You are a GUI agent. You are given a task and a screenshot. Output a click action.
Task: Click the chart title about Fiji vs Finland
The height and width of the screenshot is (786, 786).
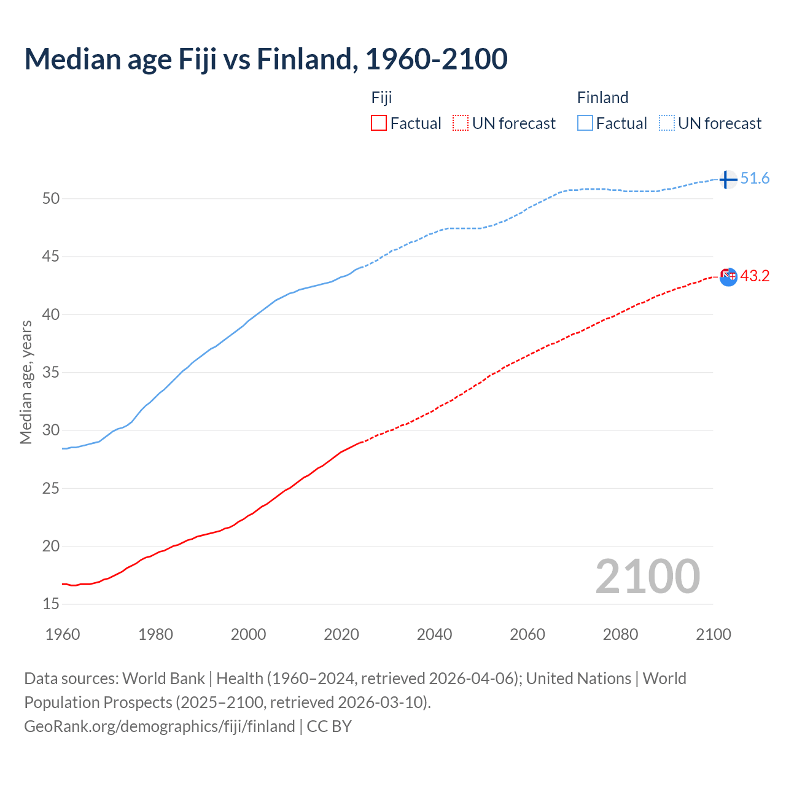tap(266, 59)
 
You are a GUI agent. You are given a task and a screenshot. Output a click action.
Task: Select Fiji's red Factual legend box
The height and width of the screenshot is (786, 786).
tap(379, 123)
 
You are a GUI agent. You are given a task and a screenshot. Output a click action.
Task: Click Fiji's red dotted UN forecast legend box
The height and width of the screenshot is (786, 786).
tap(461, 123)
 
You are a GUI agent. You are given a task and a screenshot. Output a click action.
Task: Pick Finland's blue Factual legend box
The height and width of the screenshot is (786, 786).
tap(585, 123)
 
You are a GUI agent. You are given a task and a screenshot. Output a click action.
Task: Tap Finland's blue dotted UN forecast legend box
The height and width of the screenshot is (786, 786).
tap(667, 123)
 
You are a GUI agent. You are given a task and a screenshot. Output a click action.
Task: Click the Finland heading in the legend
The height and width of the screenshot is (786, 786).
tap(602, 98)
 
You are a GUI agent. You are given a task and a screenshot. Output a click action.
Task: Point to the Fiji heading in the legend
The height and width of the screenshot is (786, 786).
tap(381, 98)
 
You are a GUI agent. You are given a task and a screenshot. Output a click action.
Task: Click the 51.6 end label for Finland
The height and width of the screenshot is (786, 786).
tap(755, 179)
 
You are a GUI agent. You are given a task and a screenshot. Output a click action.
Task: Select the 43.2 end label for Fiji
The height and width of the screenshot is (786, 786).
tap(755, 276)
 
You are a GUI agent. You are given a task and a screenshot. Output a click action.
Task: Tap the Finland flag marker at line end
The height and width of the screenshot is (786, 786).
tap(728, 179)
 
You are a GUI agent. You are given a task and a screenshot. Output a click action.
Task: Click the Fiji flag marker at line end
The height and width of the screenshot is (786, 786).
tap(728, 277)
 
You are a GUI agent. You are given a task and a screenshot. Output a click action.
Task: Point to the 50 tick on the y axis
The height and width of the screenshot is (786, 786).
tap(51, 198)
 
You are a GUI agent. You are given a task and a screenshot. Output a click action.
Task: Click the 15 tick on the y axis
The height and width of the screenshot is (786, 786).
tap(51, 604)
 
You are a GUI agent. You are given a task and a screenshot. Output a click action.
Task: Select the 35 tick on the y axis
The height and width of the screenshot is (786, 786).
tap(51, 372)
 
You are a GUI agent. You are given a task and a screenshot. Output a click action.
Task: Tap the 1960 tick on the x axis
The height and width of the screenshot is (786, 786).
tap(63, 634)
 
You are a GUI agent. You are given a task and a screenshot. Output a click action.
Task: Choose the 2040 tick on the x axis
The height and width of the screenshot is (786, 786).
tap(434, 634)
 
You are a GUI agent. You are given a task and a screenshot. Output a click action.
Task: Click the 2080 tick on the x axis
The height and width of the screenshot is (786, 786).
tap(620, 634)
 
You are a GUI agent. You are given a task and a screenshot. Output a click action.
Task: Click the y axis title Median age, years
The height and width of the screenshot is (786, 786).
tap(26, 382)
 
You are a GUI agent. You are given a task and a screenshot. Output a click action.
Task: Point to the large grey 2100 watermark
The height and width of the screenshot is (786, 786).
tap(647, 576)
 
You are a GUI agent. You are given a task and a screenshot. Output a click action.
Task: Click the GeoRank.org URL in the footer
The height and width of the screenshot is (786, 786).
tap(160, 726)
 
